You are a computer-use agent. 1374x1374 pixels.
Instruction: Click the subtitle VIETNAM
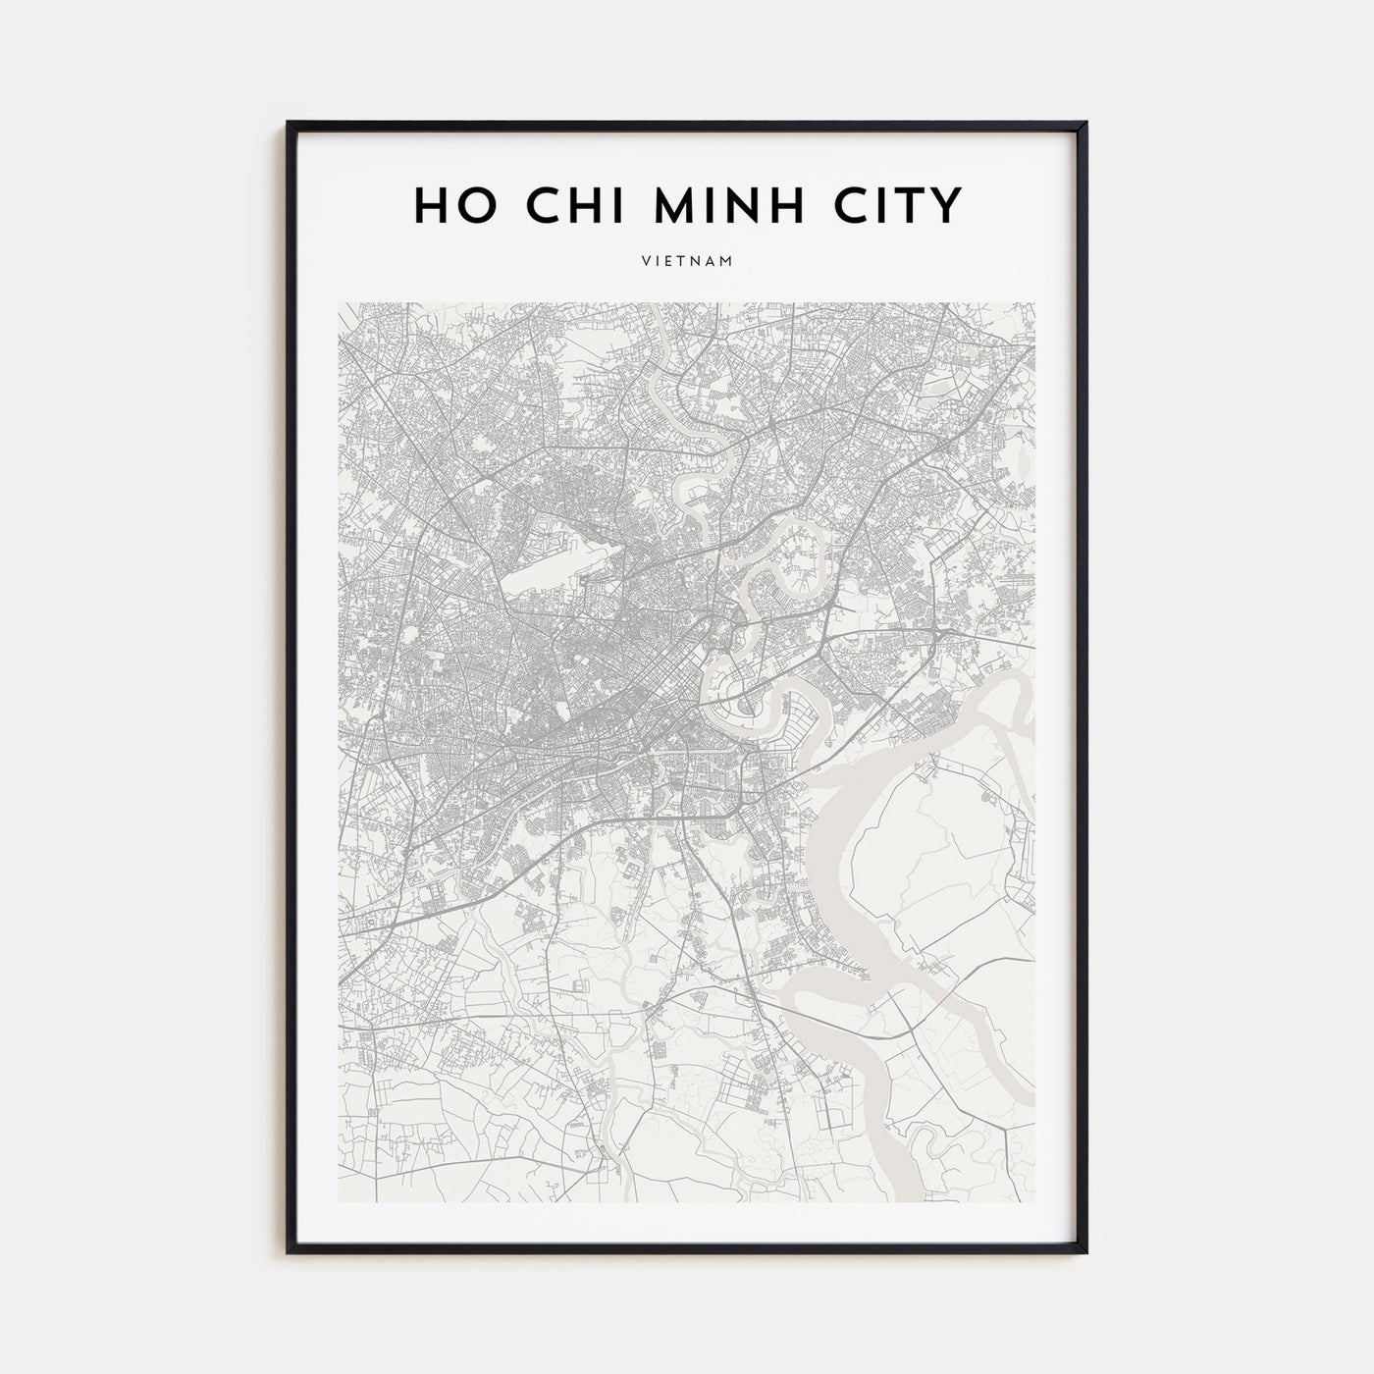click(x=687, y=262)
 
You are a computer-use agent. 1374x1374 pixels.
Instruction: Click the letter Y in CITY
click(x=946, y=204)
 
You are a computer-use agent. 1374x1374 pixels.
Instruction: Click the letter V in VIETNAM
click(x=647, y=262)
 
